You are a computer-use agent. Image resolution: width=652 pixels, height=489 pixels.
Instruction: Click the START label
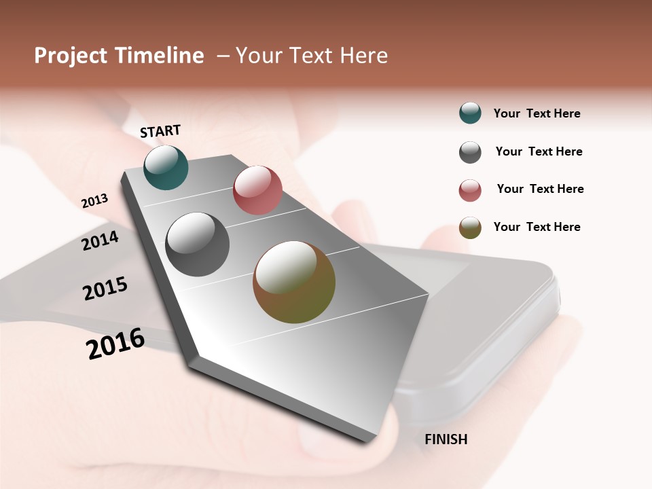(160, 131)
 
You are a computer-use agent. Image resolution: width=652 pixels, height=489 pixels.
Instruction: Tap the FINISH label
(446, 439)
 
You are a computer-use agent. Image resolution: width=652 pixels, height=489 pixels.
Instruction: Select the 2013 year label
(94, 201)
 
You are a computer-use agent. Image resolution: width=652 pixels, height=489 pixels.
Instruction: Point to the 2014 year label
(101, 240)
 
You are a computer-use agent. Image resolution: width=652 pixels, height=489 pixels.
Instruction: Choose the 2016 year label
(115, 344)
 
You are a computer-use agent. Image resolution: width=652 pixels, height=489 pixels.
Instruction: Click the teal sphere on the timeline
(166, 168)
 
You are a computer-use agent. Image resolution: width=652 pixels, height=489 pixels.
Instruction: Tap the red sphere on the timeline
(257, 190)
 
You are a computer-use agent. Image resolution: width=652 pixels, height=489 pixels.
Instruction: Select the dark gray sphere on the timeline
(198, 244)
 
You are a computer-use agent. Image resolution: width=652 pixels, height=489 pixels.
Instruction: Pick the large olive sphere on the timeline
(294, 282)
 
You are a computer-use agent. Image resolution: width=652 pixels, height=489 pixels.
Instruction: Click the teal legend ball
(470, 113)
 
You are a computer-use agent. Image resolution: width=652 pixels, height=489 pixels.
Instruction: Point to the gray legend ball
(470, 152)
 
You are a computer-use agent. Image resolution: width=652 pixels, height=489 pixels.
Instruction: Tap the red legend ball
(470, 190)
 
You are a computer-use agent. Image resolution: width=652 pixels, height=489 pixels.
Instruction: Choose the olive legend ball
(470, 228)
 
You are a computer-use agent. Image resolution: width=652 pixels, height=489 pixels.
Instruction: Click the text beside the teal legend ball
(537, 113)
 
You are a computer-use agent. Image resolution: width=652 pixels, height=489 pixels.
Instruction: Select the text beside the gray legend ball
(539, 151)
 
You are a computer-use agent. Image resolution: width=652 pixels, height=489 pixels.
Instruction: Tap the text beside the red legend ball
(540, 189)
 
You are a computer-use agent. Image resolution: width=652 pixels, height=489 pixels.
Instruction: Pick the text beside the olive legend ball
(537, 227)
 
